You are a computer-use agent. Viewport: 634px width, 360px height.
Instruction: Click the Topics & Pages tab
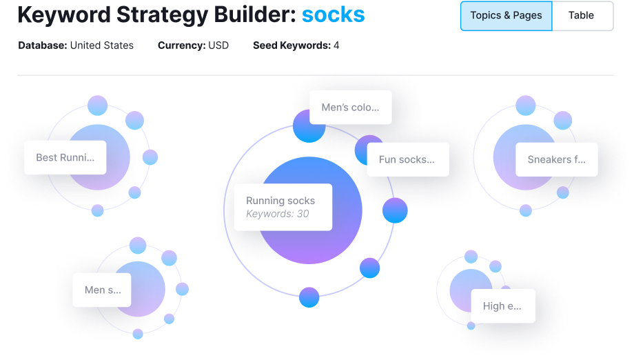(506, 16)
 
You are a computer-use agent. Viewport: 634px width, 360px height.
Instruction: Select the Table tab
(582, 16)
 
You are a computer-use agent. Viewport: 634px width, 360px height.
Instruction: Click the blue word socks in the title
(333, 14)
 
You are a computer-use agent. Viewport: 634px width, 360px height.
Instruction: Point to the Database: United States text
(76, 46)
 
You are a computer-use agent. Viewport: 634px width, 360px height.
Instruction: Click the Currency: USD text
(193, 46)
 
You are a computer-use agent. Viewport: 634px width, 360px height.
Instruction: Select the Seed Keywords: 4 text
(296, 46)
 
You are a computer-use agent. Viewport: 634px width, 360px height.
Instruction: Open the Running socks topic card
(283, 207)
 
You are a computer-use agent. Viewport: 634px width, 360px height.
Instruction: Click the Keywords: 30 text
(278, 214)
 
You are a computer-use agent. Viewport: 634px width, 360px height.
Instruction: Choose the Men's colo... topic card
(350, 108)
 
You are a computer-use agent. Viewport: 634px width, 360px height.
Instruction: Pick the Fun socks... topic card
(407, 160)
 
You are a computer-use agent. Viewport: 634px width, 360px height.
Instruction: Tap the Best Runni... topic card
(65, 157)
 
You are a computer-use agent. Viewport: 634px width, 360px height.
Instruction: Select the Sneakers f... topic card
(556, 160)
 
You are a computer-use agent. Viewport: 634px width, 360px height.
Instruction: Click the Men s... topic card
(101, 290)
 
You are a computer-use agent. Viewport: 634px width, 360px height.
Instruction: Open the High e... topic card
(502, 306)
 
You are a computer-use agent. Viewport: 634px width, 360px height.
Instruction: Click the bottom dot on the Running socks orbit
(309, 297)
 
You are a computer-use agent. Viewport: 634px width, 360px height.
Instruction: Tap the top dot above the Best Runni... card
(97, 105)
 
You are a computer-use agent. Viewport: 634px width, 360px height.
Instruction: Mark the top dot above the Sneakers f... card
(526, 106)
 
